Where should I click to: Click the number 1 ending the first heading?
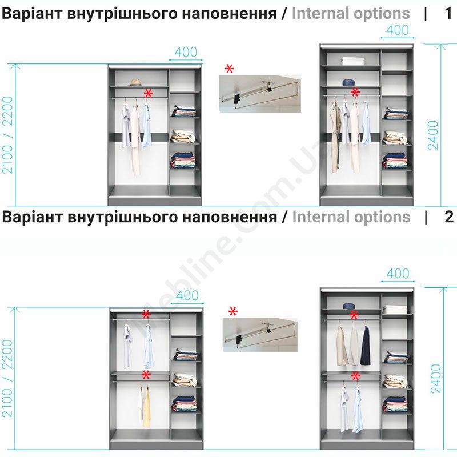click(448, 13)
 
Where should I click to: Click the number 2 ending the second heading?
click(449, 217)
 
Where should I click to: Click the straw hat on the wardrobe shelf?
click(135, 82)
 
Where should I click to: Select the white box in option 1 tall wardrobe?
click(352, 61)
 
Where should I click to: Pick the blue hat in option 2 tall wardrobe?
click(349, 306)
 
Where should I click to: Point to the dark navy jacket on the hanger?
click(366, 346)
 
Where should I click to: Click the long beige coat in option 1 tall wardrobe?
click(335, 137)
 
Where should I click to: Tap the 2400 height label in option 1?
click(433, 135)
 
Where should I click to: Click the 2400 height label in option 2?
click(435, 378)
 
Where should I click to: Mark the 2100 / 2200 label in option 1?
click(8, 135)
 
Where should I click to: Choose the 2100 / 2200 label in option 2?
click(8, 378)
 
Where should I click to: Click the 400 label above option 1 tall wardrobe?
click(398, 30)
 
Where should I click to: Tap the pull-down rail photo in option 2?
click(260, 335)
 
